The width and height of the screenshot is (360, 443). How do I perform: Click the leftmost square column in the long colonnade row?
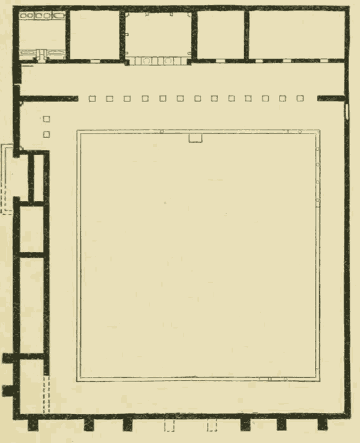point(92,99)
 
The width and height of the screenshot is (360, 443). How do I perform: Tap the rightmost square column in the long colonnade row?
point(301,99)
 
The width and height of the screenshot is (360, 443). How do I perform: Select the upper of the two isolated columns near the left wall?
point(46,120)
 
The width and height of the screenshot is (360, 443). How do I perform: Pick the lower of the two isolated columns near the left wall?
point(46,134)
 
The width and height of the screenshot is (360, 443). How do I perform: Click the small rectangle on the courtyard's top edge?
point(196,138)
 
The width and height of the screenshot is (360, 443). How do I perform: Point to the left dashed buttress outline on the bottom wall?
point(169,426)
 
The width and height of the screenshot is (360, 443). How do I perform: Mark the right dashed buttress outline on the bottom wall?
point(212,426)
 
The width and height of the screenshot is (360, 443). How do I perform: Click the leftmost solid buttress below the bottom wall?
point(34,425)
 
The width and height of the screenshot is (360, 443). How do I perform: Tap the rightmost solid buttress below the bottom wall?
point(322,425)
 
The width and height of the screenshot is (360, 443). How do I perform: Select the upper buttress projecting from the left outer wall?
point(7,358)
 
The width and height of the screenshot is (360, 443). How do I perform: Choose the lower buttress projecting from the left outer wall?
point(8,391)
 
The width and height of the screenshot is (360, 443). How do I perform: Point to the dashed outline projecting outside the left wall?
point(6,180)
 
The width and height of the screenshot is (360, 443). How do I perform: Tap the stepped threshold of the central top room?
point(157,61)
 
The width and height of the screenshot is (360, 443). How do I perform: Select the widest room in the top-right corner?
point(297,35)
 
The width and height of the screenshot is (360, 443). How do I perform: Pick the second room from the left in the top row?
point(95,35)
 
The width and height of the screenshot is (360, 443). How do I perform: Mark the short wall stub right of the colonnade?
point(331,98)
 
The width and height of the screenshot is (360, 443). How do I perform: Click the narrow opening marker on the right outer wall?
point(347,111)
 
